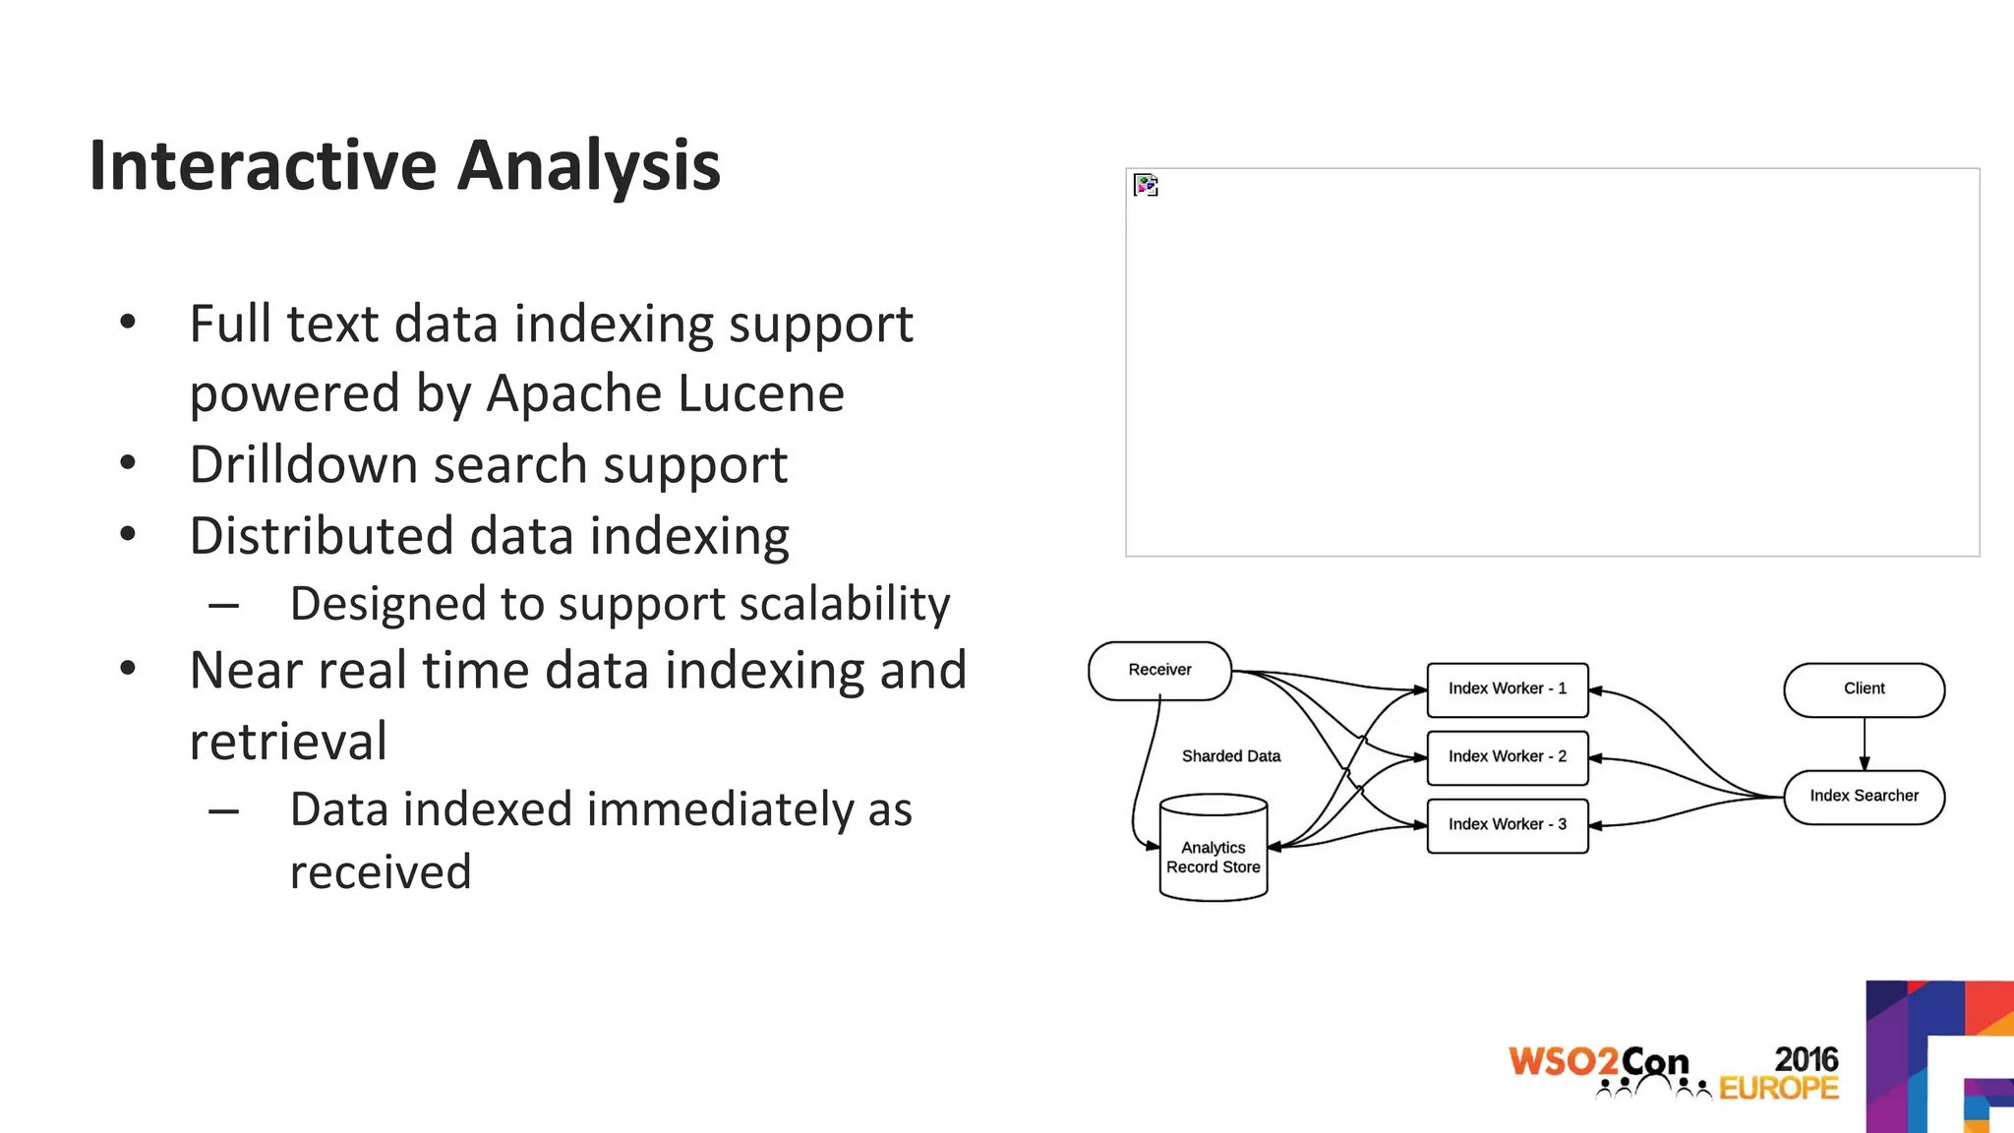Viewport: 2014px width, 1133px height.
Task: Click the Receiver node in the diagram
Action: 1159,671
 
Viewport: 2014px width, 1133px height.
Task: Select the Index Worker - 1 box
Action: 1507,689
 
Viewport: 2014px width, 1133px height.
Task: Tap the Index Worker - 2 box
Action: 1507,757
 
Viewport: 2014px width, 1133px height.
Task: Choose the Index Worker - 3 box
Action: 1507,825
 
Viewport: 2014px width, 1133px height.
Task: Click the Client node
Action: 1864,689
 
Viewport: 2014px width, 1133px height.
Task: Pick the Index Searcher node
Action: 1864,797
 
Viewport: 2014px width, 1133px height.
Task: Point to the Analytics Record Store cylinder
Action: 1213,850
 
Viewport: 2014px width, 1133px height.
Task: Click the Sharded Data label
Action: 1230,756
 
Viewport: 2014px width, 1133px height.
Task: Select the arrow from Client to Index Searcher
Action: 1864,744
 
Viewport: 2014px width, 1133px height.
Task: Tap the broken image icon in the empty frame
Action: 1146,185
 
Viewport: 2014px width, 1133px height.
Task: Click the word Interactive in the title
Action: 263,165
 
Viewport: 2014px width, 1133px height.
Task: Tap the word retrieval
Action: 288,742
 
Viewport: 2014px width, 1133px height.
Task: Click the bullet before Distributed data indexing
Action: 128,535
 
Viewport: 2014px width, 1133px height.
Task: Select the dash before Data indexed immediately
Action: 223,811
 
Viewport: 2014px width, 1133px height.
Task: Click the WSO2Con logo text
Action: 1598,1062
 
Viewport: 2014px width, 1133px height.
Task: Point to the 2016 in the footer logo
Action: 1806,1059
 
